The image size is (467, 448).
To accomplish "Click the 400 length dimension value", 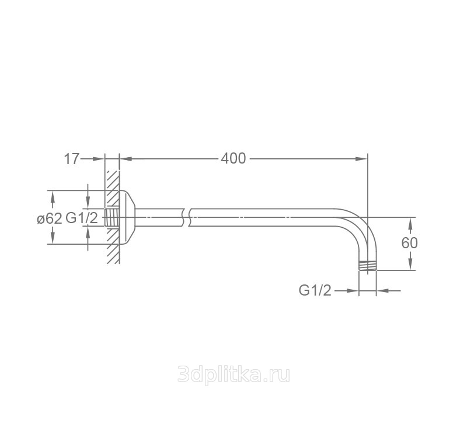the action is coord(233,158).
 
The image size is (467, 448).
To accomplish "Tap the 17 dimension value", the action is coord(72,159).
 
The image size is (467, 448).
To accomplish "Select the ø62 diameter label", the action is coord(50,219).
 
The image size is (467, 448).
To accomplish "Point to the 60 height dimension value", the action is coord(410,243).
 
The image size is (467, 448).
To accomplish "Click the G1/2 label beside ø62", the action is coord(82,218).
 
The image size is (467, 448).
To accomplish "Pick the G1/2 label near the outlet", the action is coord(315,290).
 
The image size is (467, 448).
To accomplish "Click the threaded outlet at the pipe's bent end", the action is coord(368,266).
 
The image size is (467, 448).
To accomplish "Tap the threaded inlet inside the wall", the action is coord(112,217).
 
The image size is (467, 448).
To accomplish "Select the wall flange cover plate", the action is coord(127,217).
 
